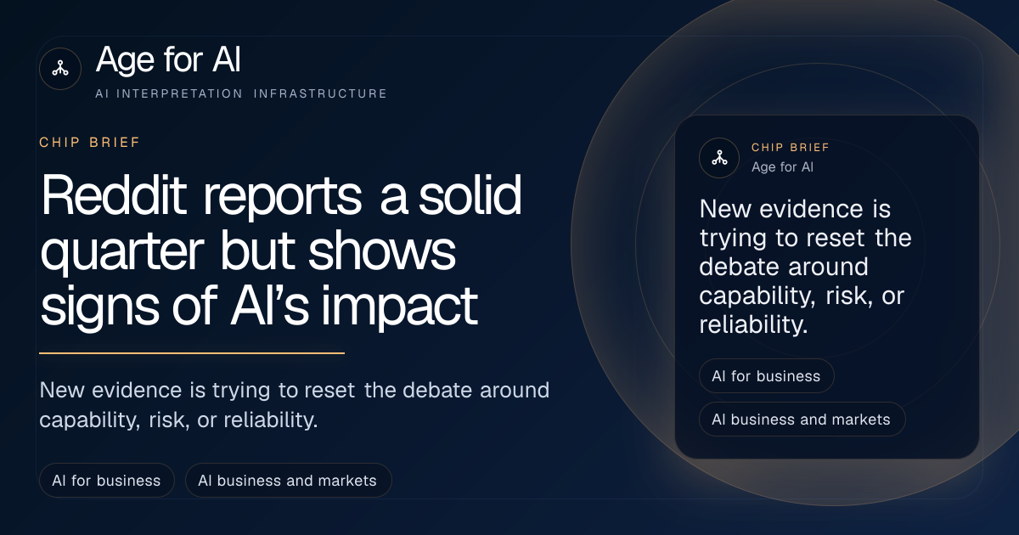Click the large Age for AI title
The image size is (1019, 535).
pyautogui.click(x=168, y=59)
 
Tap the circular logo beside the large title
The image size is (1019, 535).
pyautogui.click(x=60, y=69)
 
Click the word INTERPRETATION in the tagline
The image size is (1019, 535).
pyautogui.click(x=180, y=93)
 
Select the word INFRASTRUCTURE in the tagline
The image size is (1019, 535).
pyautogui.click(x=320, y=93)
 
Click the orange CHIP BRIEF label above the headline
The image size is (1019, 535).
pyautogui.click(x=90, y=143)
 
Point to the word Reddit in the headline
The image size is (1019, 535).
pyautogui.click(x=114, y=194)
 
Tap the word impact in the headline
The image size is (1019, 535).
pyautogui.click(x=399, y=307)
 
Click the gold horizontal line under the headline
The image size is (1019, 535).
pyautogui.click(x=192, y=353)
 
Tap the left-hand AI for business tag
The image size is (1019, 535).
pyautogui.click(x=107, y=481)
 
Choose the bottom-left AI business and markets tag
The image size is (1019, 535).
pyautogui.click(x=289, y=481)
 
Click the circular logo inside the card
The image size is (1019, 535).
pyautogui.click(x=719, y=158)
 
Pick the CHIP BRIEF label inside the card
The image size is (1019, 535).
pyautogui.click(x=791, y=148)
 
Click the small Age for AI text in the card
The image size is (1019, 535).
pyautogui.click(x=782, y=167)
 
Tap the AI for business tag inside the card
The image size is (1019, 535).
pyautogui.click(x=767, y=375)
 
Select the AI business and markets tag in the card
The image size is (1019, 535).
pyautogui.click(x=802, y=420)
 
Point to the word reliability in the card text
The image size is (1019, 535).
pyautogui.click(x=753, y=324)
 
